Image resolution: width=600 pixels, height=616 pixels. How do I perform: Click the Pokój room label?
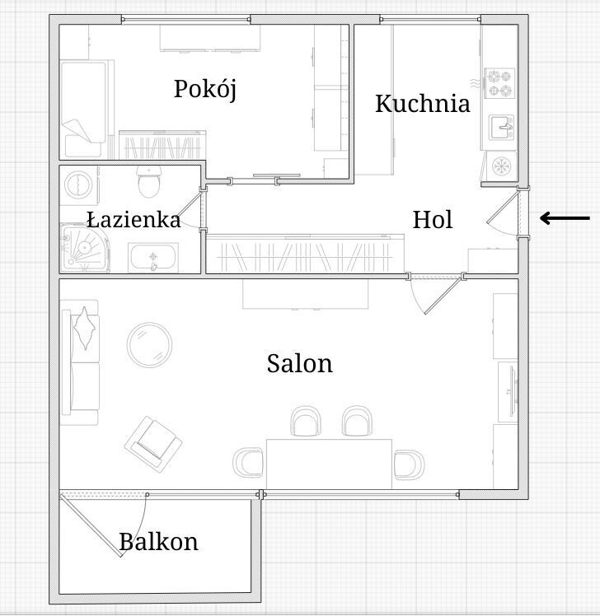click(x=205, y=90)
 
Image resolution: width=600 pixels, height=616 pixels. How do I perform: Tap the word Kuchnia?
click(x=423, y=104)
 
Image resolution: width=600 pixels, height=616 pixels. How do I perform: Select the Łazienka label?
click(x=134, y=220)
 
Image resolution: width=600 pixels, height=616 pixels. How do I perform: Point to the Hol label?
click(x=433, y=220)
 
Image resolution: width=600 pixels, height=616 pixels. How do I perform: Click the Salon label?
click(x=300, y=364)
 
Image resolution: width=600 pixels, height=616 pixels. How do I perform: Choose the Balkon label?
click(x=158, y=542)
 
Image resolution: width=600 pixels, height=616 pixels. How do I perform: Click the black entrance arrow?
click(x=565, y=218)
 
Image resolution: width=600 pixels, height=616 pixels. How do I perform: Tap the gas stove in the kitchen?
click(x=499, y=83)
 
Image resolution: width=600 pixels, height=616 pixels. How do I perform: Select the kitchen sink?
click(x=501, y=128)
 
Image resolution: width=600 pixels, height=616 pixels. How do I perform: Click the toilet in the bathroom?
click(x=149, y=181)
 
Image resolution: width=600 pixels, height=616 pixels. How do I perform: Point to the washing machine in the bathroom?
click(x=79, y=184)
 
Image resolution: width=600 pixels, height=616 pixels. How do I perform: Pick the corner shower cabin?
click(x=84, y=248)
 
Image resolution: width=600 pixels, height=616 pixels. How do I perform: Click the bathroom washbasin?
click(x=153, y=258)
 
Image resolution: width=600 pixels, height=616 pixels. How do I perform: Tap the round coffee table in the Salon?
click(x=149, y=344)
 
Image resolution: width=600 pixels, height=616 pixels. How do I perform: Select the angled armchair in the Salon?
click(x=153, y=444)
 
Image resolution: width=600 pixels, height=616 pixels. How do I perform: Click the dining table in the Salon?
click(x=329, y=464)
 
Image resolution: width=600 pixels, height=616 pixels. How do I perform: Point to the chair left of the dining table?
click(x=248, y=462)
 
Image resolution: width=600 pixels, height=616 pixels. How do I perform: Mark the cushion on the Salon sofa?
click(x=85, y=328)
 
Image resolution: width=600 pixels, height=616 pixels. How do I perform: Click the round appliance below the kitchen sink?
click(x=501, y=166)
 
